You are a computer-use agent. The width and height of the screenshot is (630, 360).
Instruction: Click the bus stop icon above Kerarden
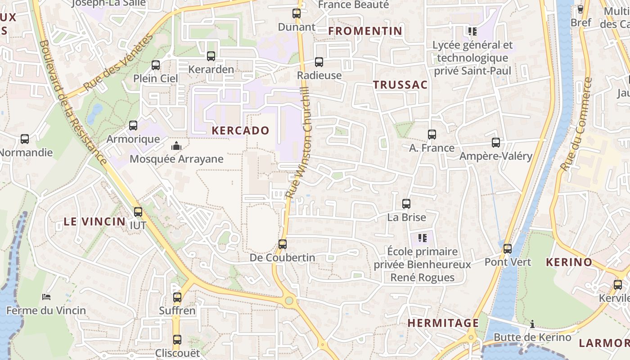pyautogui.click(x=211, y=56)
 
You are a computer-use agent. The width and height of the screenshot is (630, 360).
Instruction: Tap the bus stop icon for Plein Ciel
pyautogui.click(x=156, y=65)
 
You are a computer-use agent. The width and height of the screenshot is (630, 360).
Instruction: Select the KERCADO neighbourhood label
pyautogui.click(x=240, y=131)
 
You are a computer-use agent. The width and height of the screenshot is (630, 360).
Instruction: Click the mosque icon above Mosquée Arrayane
pyautogui.click(x=176, y=146)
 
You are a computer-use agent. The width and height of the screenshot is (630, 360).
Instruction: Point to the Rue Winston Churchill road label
pyautogui.click(x=298, y=144)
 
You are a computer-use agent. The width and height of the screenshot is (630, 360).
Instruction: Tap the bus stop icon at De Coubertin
pyautogui.click(x=283, y=244)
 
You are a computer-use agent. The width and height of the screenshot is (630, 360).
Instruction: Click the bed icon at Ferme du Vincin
pyautogui.click(x=46, y=297)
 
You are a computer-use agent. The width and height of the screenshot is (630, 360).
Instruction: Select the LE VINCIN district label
pyautogui.click(x=94, y=221)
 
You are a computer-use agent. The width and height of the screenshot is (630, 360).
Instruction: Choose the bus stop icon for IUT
pyautogui.click(x=138, y=211)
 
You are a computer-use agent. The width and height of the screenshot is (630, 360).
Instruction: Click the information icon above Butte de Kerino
pyautogui.click(x=532, y=324)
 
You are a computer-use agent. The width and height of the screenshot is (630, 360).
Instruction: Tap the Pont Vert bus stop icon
pyautogui.click(x=508, y=249)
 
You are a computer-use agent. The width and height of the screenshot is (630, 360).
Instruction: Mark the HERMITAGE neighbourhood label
pyautogui.click(x=443, y=323)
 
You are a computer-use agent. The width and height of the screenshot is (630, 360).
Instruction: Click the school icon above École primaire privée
pyautogui.click(x=422, y=238)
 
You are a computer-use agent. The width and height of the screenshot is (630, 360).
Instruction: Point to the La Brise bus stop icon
pyautogui.click(x=406, y=204)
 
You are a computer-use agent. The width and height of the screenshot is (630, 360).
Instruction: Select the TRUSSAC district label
pyautogui.click(x=400, y=85)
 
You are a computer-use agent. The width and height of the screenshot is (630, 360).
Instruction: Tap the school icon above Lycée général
pyautogui.click(x=472, y=31)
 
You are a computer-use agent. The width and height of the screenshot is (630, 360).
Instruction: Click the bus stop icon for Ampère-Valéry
pyautogui.click(x=496, y=143)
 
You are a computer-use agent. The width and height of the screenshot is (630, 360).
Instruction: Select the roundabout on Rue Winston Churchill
pyautogui.click(x=289, y=301)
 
